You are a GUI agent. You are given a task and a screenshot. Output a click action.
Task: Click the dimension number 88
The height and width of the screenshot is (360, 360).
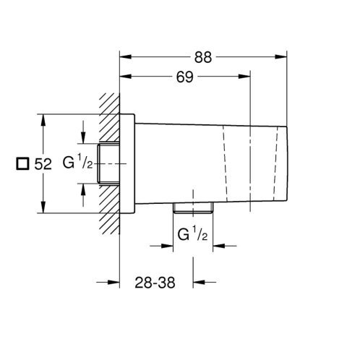click(203, 57)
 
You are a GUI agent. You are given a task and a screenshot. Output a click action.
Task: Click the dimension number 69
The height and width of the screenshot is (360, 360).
click(185, 77)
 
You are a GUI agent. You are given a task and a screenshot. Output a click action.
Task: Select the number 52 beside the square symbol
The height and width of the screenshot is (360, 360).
click(43, 164)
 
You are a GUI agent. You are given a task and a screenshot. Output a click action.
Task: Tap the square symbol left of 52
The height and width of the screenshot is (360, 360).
click(22, 163)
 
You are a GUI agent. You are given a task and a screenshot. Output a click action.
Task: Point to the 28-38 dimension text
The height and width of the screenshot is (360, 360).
click(155, 283)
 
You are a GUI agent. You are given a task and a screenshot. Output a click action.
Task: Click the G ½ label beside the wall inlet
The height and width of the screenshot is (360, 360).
click(77, 162)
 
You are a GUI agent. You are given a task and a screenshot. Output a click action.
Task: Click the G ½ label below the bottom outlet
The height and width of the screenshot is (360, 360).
click(192, 234)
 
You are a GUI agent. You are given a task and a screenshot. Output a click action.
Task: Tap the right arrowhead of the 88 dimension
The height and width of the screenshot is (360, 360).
click(281, 57)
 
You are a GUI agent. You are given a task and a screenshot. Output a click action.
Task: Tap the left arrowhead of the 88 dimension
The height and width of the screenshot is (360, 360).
click(126, 57)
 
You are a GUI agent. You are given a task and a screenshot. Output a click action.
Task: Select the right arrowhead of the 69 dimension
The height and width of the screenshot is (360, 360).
click(244, 77)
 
